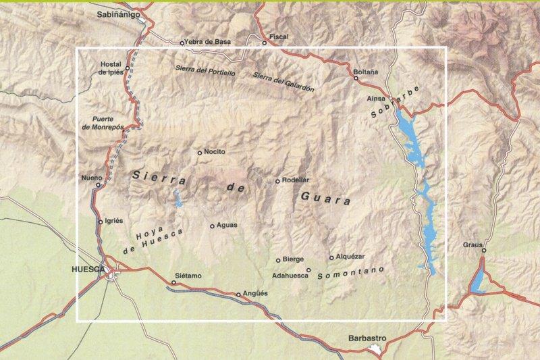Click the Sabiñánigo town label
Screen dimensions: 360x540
(118, 13)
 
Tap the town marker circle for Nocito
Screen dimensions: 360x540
(199, 153)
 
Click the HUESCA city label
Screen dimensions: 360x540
(88, 269)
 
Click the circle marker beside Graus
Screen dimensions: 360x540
(483, 251)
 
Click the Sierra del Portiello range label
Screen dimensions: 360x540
(205, 70)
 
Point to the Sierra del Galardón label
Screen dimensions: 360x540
(282, 78)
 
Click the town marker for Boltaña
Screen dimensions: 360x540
(356, 78)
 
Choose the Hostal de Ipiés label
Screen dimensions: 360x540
(110, 69)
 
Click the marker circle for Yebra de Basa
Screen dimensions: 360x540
(182, 43)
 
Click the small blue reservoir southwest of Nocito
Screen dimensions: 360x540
(178, 198)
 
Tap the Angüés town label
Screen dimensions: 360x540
(254, 294)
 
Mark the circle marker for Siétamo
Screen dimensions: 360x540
(173, 282)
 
